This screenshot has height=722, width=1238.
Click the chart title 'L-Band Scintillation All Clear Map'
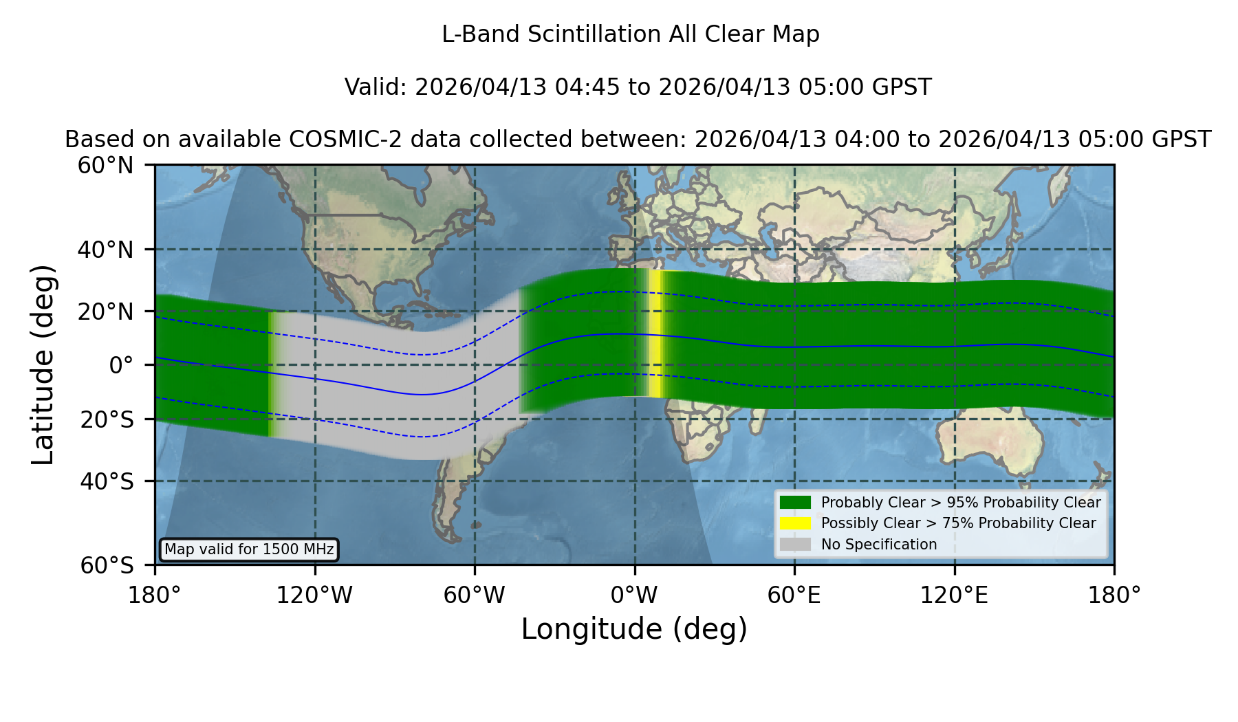pyautogui.click(x=630, y=34)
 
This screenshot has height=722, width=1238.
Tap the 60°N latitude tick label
pyautogui.click(x=105, y=165)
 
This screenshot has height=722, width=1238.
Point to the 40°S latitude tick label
pyautogui.click(x=107, y=481)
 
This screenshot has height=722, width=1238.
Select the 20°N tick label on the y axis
pyautogui.click(x=105, y=311)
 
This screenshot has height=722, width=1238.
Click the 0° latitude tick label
pyautogui.click(x=121, y=365)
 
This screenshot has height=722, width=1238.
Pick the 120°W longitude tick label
pyautogui.click(x=314, y=595)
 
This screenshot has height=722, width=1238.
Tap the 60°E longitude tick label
pyautogui.click(x=794, y=595)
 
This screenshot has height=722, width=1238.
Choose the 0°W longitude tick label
pyautogui.click(x=634, y=595)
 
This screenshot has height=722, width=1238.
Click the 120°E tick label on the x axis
pyautogui.click(x=954, y=595)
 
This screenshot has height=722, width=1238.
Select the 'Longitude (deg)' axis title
pyautogui.click(x=634, y=629)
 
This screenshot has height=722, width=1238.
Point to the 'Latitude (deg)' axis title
pyautogui.click(x=43, y=364)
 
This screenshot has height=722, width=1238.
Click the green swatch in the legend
pyautogui.click(x=795, y=502)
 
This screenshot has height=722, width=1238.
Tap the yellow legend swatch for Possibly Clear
pyautogui.click(x=795, y=523)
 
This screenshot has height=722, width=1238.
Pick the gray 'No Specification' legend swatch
pyautogui.click(x=795, y=545)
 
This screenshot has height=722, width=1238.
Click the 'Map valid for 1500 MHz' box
pyautogui.click(x=249, y=549)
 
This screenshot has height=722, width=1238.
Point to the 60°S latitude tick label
pyautogui.click(x=107, y=565)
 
